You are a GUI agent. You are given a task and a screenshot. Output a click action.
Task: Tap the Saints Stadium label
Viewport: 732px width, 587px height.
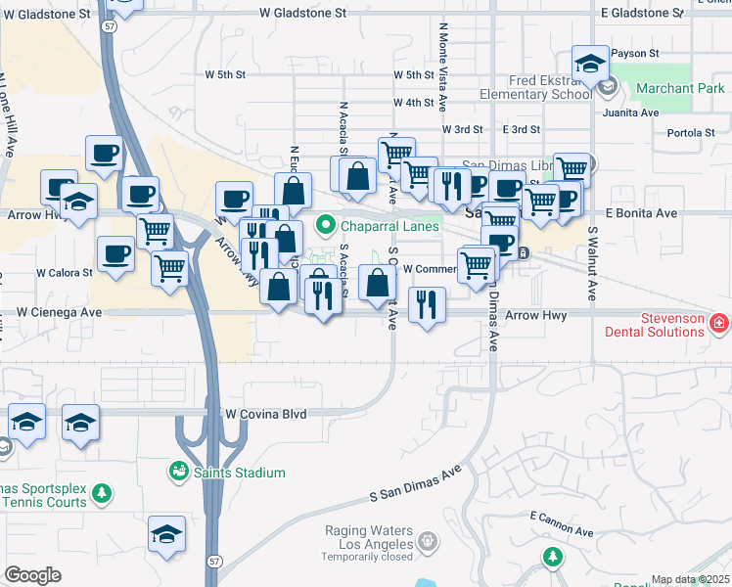(241, 474)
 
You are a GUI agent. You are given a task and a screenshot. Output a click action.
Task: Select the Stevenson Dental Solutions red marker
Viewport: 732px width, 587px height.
(719, 321)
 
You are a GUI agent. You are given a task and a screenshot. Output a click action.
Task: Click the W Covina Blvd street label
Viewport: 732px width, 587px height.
(265, 414)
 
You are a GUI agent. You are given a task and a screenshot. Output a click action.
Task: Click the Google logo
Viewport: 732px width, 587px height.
(32, 575)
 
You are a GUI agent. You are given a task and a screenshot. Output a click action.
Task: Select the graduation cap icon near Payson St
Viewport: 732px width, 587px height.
(590, 65)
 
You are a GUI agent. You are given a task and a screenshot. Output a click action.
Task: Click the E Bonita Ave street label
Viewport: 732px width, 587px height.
(641, 212)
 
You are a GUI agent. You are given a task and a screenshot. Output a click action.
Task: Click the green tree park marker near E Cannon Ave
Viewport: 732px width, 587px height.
(553, 557)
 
